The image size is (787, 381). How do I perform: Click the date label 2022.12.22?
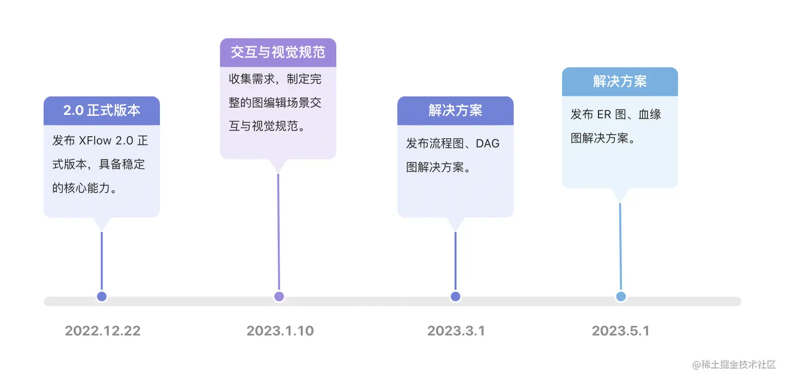point(103,331)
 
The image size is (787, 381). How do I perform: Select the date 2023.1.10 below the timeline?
point(280,331)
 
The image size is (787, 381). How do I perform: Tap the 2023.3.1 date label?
point(456,331)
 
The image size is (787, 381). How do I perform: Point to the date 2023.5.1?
point(620,331)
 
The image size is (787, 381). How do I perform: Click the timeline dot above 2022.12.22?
point(101,297)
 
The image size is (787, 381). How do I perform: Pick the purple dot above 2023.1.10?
point(278,297)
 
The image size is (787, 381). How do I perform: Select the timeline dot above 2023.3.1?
point(455,297)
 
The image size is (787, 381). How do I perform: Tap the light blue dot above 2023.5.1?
point(620,297)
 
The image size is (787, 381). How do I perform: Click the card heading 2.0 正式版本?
point(101,110)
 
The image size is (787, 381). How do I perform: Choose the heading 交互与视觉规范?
point(278,52)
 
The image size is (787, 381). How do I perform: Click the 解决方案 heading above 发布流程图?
point(455,110)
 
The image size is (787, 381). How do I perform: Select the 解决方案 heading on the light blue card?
point(620,81)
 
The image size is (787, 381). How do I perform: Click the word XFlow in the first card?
point(94,142)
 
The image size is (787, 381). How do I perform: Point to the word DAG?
point(488,144)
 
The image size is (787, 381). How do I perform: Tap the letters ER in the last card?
point(604,115)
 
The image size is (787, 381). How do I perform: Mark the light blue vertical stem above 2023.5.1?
point(620,245)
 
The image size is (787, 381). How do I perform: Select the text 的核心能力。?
point(84,187)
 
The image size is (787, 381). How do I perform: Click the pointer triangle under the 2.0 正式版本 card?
point(101,223)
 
